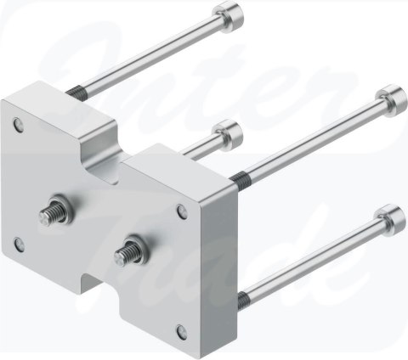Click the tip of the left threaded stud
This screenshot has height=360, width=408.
43,217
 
